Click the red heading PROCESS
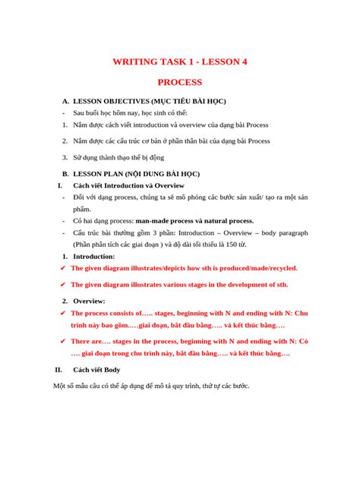(179, 81)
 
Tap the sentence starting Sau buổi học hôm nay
(126, 112)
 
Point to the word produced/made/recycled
(256, 268)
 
